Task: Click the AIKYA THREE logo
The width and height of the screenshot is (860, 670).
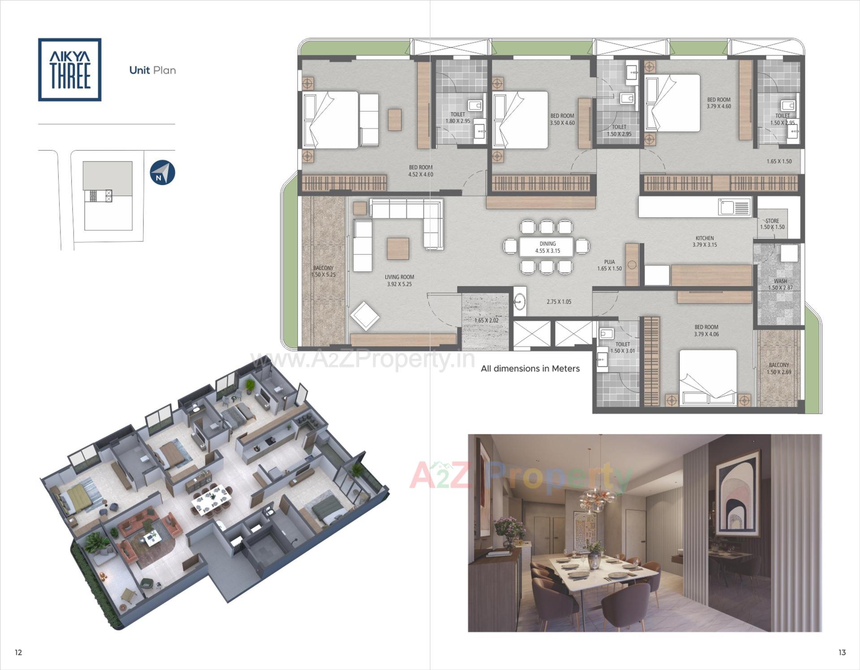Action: (69, 69)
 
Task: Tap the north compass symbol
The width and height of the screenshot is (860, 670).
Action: (162, 173)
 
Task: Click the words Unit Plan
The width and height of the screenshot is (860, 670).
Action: (152, 70)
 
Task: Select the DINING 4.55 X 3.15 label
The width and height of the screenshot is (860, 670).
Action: (547, 247)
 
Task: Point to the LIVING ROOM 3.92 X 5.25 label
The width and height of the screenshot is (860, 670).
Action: (399, 281)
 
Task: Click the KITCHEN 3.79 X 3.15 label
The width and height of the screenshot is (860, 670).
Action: (705, 241)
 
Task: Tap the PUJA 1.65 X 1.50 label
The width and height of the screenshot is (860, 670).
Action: (609, 265)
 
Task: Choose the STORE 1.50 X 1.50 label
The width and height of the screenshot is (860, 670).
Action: (772, 224)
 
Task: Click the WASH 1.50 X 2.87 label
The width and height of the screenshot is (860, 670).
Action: (780, 284)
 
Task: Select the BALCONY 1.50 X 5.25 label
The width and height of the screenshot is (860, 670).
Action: (323, 271)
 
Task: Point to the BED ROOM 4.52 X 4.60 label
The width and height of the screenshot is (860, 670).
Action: (421, 171)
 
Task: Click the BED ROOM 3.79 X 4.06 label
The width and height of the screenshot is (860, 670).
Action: (706, 330)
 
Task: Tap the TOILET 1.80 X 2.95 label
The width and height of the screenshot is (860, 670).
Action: (457, 118)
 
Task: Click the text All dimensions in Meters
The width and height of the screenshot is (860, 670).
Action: (530, 368)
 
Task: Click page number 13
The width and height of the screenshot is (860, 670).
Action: (842, 652)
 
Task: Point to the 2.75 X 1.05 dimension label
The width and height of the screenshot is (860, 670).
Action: (559, 302)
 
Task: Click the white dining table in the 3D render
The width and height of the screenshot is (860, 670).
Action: (212, 496)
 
